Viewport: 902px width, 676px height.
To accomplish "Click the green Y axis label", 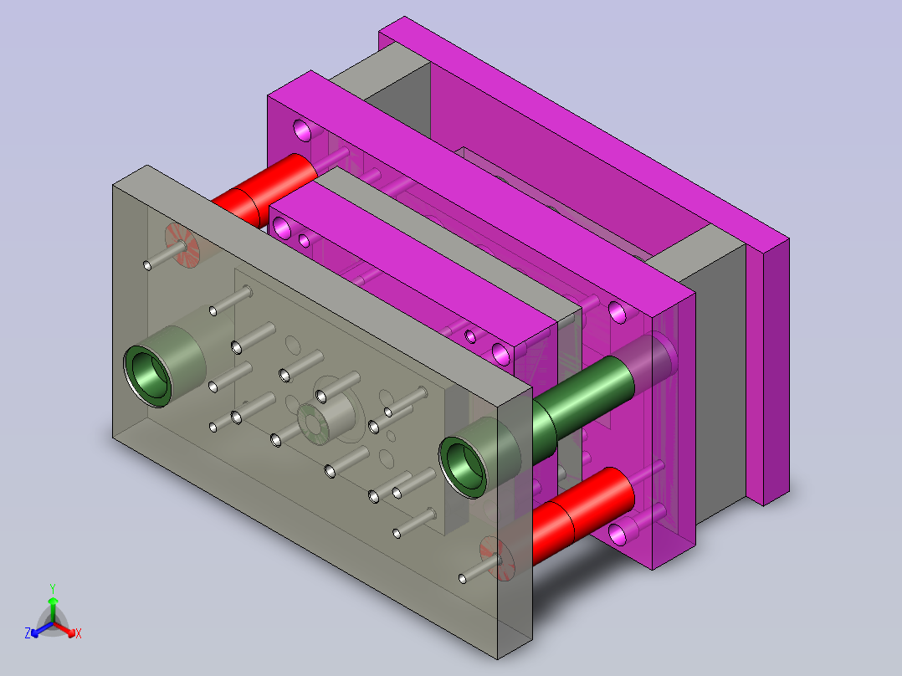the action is point(53,589).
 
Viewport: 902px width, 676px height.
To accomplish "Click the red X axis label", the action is point(79,633).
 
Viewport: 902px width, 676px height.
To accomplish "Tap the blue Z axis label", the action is point(28,633).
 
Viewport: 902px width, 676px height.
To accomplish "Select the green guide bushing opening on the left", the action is point(148,376).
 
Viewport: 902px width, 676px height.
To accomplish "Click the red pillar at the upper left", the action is point(264,189).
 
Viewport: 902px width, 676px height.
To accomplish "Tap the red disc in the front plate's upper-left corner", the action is point(182,245).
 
